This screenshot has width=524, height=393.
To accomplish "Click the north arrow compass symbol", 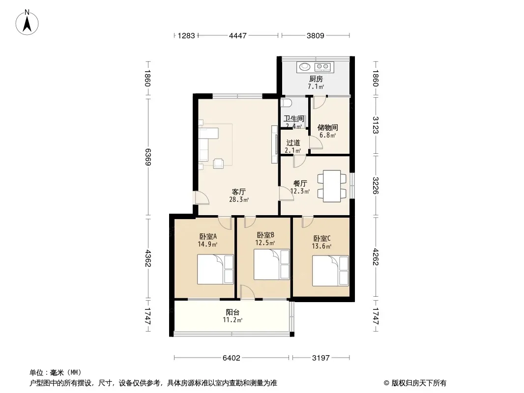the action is [x=27, y=23].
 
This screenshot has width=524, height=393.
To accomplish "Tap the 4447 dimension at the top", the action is [x=237, y=35].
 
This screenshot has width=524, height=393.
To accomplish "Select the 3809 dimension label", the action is [x=315, y=35].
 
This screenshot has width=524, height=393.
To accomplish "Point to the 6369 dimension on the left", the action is [x=148, y=157].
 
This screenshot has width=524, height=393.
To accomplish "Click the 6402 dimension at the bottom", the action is [x=231, y=358].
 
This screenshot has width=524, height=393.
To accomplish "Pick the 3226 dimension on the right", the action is [x=376, y=186].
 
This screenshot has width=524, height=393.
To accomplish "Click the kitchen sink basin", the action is [x=304, y=67].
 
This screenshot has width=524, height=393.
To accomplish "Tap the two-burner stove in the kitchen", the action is [x=322, y=67].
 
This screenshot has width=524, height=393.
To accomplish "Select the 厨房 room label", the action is [x=316, y=79].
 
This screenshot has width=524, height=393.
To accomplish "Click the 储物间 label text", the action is [x=327, y=127].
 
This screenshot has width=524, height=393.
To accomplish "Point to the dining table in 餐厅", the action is [x=332, y=186].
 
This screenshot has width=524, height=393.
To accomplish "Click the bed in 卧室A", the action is [x=215, y=269].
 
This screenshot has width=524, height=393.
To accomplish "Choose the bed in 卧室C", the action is [x=330, y=271].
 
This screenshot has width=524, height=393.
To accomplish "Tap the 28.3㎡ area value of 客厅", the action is [x=238, y=199].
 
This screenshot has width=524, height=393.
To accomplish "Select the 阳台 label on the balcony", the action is [x=233, y=312].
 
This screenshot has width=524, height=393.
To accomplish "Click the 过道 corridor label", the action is [x=293, y=142].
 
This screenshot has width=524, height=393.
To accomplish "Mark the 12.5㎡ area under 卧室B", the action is [x=265, y=243].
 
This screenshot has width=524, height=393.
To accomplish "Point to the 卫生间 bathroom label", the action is [x=294, y=118].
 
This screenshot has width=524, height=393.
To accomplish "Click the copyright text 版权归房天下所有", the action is [x=419, y=383].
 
